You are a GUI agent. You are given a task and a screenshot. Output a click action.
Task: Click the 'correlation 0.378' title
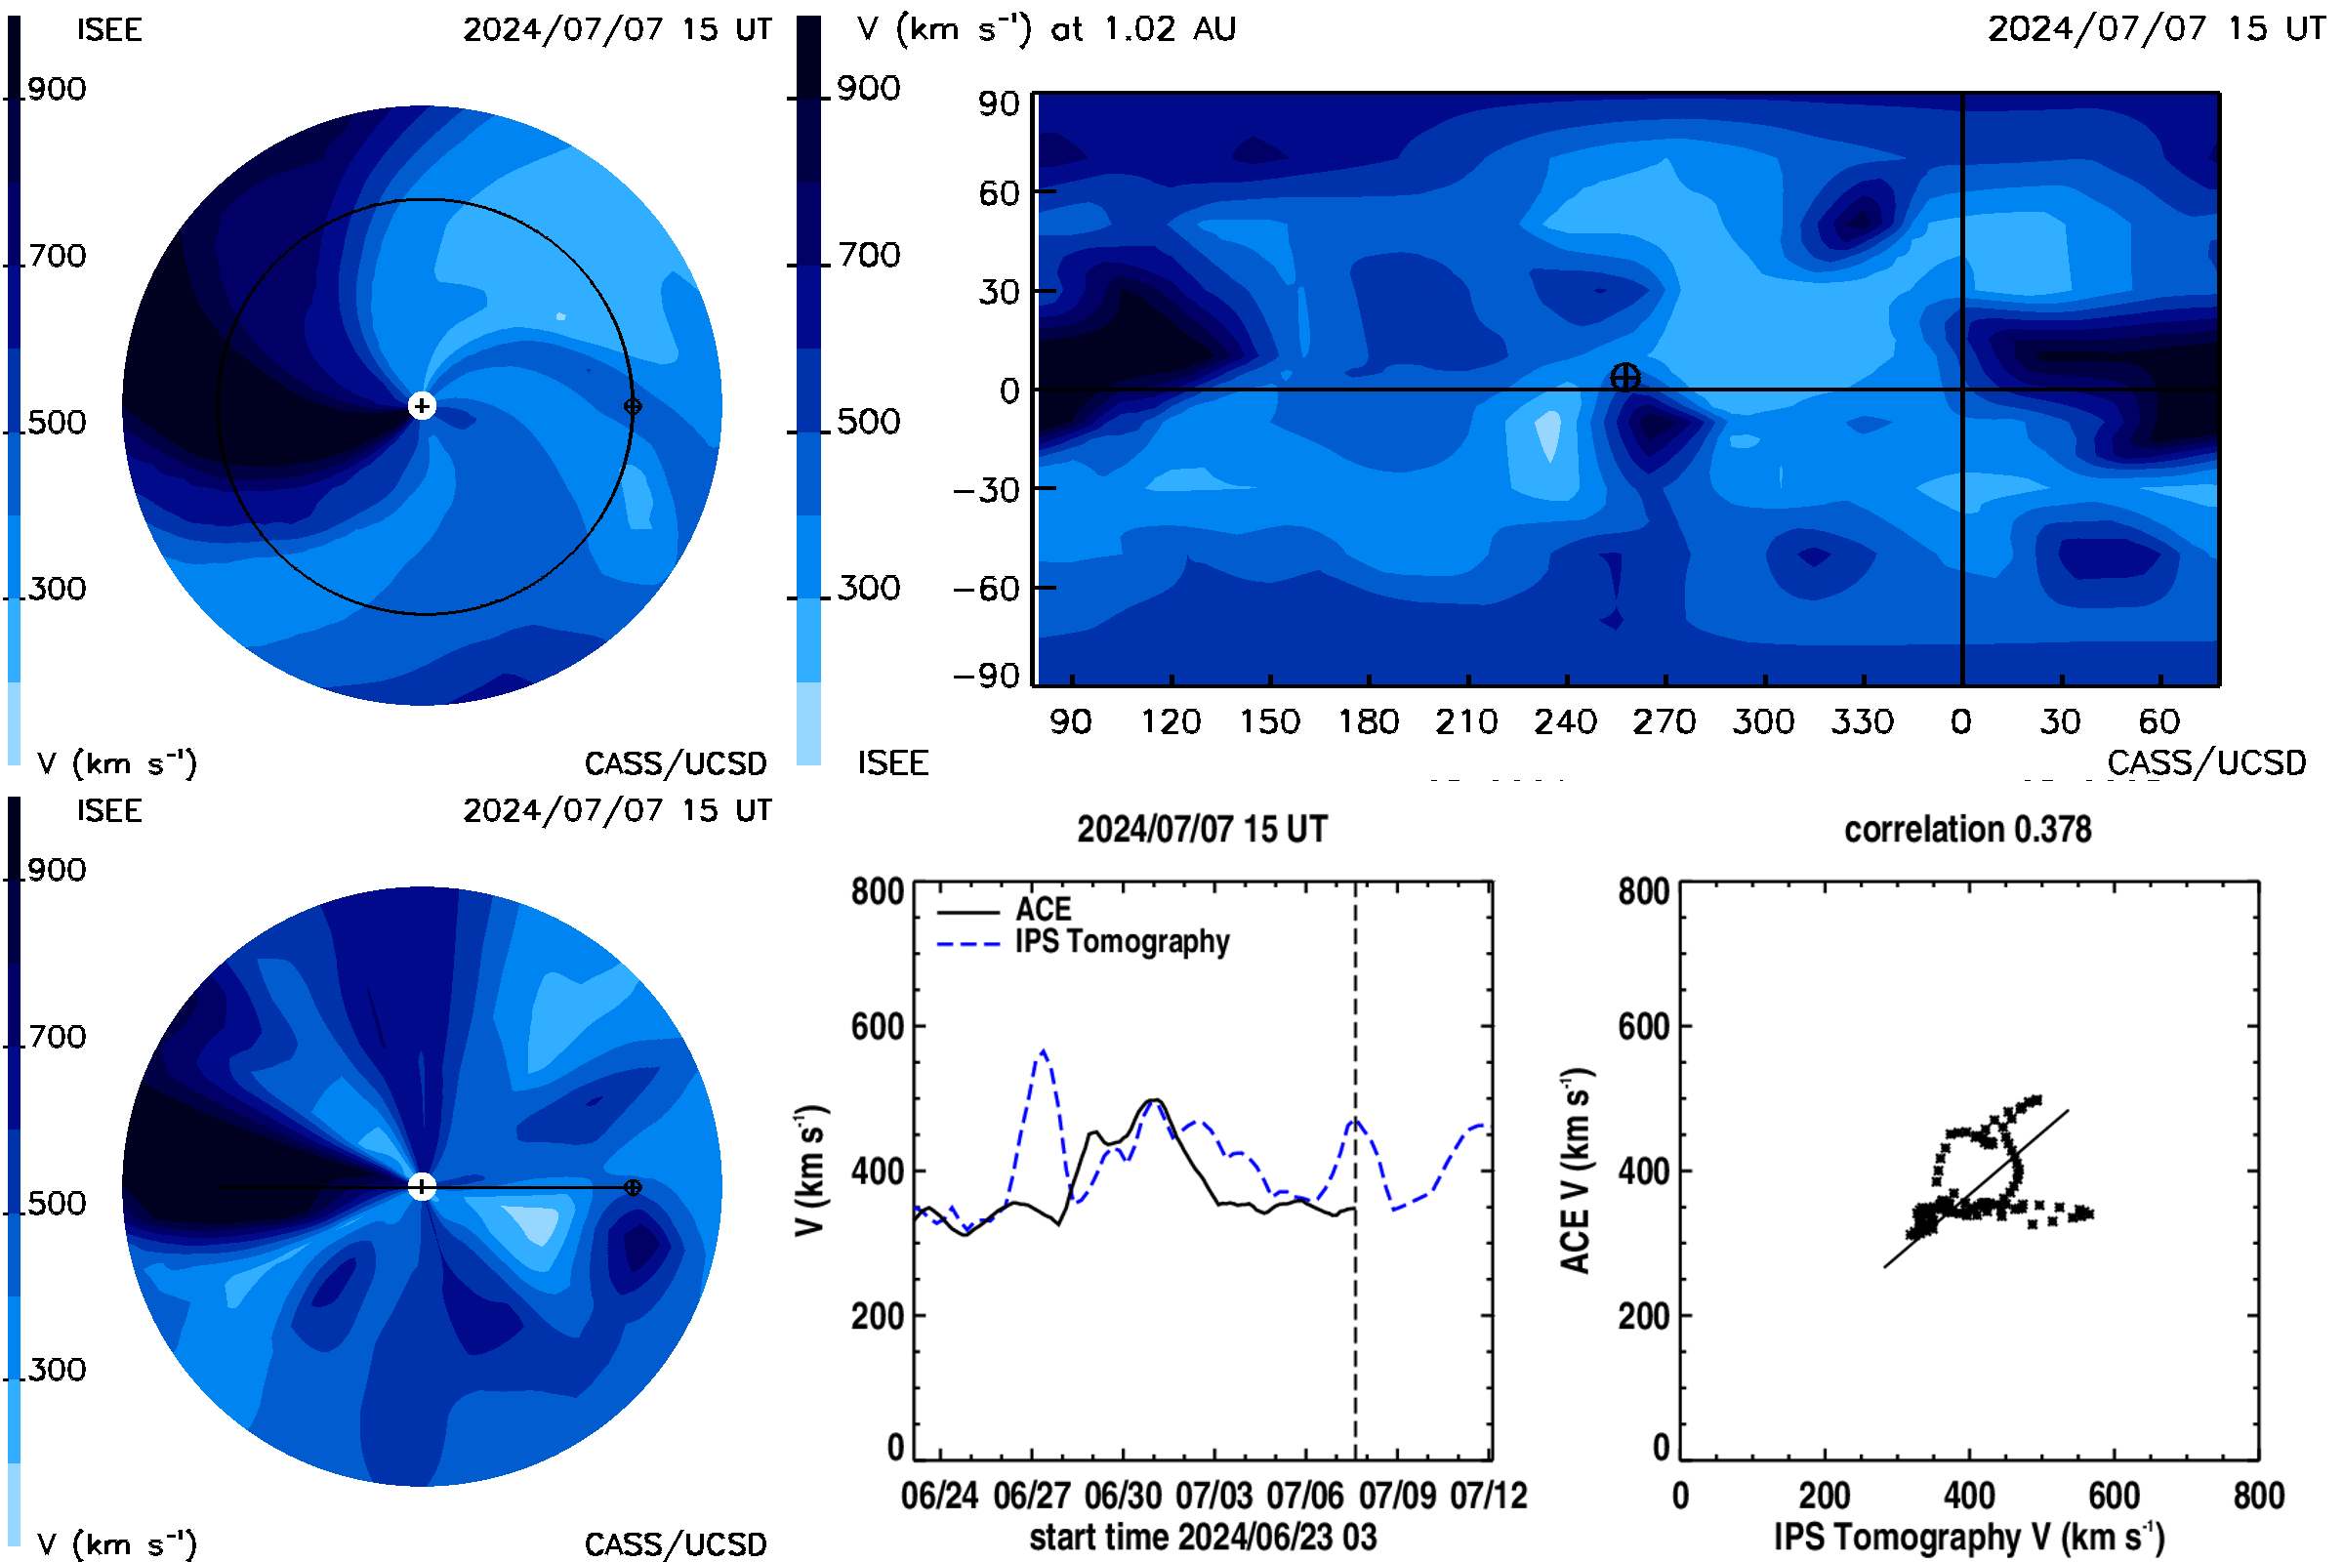(x=1967, y=830)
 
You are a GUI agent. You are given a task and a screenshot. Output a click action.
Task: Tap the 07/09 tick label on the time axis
(x=1398, y=1496)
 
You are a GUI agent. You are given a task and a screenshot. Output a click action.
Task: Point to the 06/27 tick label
(x=1031, y=1496)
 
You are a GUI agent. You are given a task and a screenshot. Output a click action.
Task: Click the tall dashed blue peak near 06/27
(x=1043, y=1050)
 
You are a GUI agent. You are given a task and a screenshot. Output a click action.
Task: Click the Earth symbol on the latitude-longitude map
(x=1624, y=378)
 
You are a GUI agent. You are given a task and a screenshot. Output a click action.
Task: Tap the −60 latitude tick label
(x=986, y=589)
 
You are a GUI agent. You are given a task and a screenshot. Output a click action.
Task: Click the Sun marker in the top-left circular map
(x=423, y=406)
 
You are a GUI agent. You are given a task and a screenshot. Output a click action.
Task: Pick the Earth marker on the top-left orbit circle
(x=633, y=406)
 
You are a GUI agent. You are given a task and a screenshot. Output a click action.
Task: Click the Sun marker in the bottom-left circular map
(x=423, y=1186)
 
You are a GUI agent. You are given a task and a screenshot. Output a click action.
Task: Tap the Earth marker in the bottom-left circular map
(x=633, y=1187)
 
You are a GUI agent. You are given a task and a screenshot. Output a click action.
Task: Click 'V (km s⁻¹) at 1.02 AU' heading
(x=1047, y=29)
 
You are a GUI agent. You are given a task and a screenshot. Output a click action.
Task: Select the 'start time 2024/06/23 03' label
(x=1204, y=1537)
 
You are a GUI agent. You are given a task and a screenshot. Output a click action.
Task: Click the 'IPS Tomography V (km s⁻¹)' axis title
(x=1969, y=1537)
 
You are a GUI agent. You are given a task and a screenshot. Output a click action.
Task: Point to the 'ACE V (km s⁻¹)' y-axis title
(x=1576, y=1171)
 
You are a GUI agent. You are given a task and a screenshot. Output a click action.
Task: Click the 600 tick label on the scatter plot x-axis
(x=2114, y=1496)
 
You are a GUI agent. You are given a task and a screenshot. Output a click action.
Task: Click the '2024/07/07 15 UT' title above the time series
(x=1203, y=830)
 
